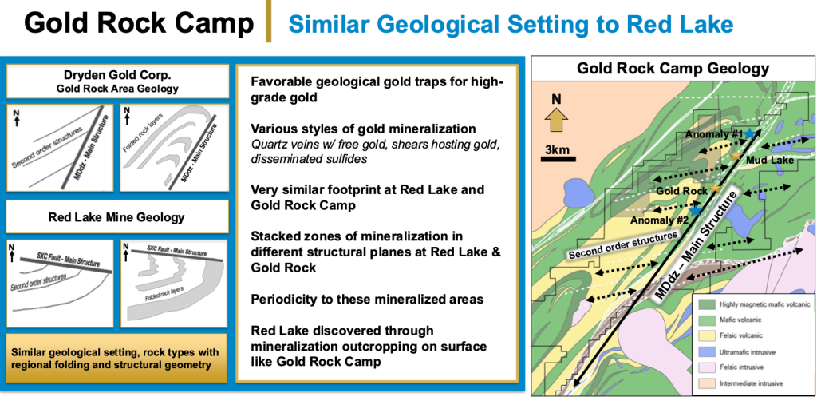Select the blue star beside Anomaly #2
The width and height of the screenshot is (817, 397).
[696, 210]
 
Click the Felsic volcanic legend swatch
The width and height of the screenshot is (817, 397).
[706, 335]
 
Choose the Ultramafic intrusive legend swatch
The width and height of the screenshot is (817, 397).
[706, 351]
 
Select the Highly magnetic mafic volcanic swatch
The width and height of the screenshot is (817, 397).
[706, 303]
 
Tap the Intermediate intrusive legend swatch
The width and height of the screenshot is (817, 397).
[706, 384]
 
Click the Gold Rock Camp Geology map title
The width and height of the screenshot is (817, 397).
[673, 69]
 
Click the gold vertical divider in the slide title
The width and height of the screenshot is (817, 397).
[270, 21]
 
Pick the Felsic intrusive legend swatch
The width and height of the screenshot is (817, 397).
[706, 367]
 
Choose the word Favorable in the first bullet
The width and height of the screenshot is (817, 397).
[277, 82]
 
